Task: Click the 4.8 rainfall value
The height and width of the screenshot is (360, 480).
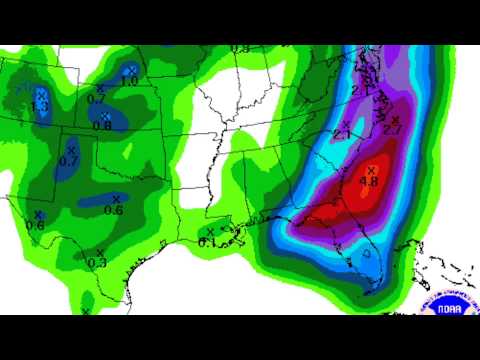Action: click(368, 181)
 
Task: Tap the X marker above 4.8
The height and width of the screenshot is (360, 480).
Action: click(372, 168)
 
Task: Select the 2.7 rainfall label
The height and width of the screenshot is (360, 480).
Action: click(392, 129)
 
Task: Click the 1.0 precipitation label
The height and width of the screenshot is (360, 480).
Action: click(130, 80)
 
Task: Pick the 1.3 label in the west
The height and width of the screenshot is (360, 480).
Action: click(41, 106)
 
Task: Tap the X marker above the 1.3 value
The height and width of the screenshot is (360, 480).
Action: click(41, 93)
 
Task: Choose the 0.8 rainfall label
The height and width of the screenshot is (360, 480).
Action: click(102, 125)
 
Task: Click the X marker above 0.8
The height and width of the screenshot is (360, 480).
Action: click(105, 115)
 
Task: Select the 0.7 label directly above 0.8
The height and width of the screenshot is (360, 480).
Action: click(96, 98)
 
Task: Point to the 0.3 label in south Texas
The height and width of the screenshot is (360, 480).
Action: click(97, 262)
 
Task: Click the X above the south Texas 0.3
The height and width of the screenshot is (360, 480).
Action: click(99, 251)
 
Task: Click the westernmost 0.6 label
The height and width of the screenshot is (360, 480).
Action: click(35, 225)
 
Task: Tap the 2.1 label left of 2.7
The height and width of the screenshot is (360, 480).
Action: click(342, 134)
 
